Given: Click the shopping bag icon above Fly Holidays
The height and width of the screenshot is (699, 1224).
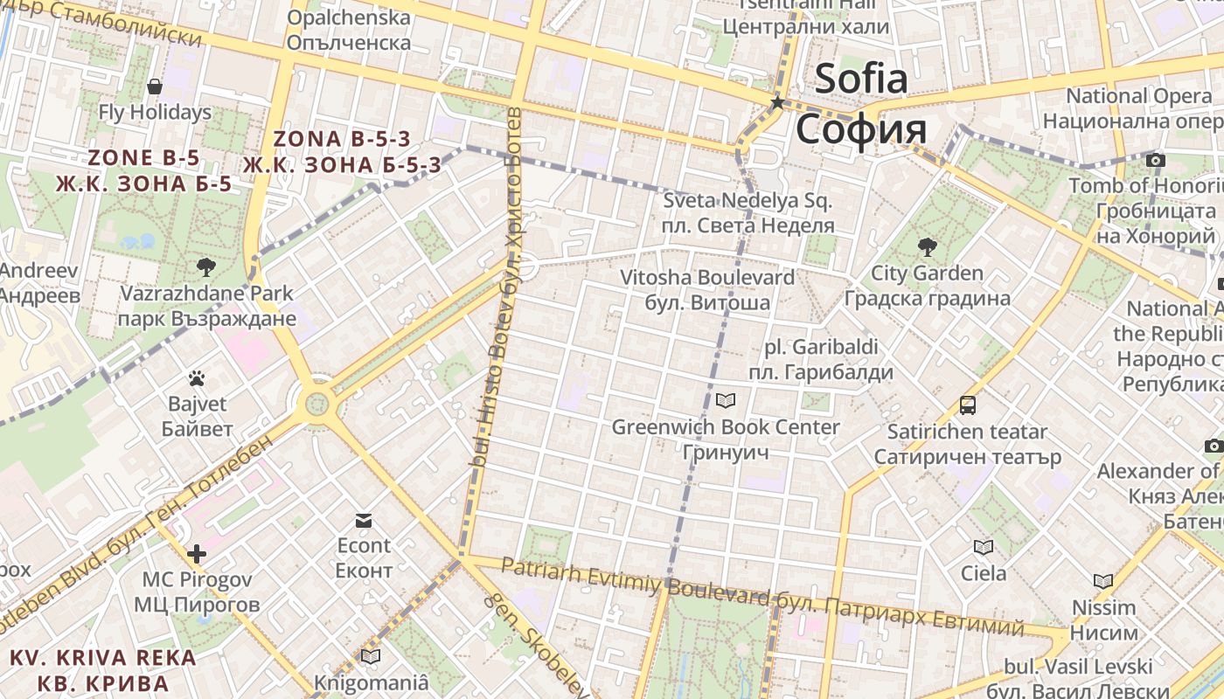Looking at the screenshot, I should click(x=155, y=87).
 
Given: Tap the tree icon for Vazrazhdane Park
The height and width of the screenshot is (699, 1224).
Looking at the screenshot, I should click(x=206, y=266).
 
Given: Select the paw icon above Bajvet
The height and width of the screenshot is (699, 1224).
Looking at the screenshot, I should click(x=197, y=378).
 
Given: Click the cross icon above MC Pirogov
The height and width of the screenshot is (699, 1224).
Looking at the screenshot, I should click(x=197, y=553).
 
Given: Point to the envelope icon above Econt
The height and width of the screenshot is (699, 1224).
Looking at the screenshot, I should click(x=364, y=521).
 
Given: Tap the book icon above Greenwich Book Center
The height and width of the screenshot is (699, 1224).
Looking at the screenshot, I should click(x=726, y=401).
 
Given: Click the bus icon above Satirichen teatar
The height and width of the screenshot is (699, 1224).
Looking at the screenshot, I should click(x=967, y=405).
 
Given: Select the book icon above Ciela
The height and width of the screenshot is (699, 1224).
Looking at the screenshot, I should click(x=984, y=548).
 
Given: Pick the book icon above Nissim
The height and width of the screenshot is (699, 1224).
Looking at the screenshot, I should click(x=1103, y=581).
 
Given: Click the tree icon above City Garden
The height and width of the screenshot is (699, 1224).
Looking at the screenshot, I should click(x=927, y=247).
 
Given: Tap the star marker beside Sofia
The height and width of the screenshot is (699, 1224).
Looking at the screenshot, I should click(x=777, y=103).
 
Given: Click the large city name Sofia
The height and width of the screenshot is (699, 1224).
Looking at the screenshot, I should click(x=861, y=80).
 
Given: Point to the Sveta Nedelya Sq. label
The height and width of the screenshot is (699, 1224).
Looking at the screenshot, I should click(x=748, y=201).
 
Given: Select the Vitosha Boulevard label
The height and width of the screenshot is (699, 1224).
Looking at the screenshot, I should click(x=707, y=278).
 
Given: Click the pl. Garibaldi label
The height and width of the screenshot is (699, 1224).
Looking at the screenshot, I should click(x=821, y=347).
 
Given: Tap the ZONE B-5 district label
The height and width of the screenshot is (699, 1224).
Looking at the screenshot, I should click(x=144, y=158).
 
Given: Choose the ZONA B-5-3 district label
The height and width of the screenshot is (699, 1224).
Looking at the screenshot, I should click(x=342, y=139).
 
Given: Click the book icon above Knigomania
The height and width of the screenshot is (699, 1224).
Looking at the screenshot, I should click(x=371, y=656).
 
